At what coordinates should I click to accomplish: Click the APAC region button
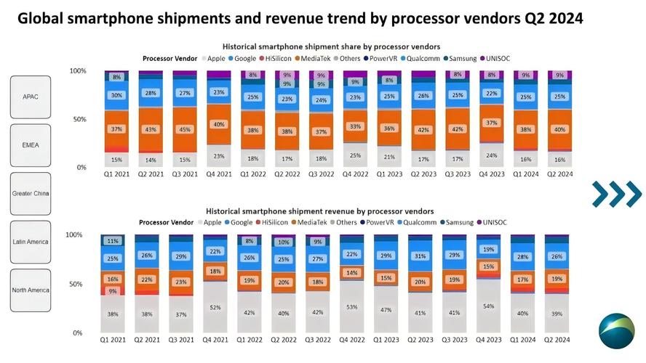coord(31,97)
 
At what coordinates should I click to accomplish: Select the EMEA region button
coord(31,145)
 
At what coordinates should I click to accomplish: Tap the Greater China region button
coord(31,194)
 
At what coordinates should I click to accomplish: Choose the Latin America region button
coord(31,242)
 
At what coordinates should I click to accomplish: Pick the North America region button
coord(31,290)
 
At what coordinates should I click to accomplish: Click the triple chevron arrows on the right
coord(617,194)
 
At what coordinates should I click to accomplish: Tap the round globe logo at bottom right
coord(617,331)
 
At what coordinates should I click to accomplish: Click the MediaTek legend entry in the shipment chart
coord(313,58)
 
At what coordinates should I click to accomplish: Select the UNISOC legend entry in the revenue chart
coord(492,222)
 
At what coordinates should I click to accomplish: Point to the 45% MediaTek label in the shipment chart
coord(185,129)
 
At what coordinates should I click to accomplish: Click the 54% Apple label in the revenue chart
coord(488,306)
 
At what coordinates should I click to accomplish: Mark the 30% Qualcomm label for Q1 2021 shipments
coord(116,95)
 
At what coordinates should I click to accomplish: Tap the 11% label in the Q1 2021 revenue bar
coord(113,241)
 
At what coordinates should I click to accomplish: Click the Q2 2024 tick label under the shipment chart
coord(559,174)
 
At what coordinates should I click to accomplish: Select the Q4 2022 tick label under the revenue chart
coord(352,340)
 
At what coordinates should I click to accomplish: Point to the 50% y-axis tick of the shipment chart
coord(79,119)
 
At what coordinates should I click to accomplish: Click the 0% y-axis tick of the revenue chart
coord(77,333)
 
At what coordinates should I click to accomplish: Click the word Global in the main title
coord(40,18)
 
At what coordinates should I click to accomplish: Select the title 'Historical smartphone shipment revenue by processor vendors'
coord(319,211)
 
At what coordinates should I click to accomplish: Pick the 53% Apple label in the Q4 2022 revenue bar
coord(352,307)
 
